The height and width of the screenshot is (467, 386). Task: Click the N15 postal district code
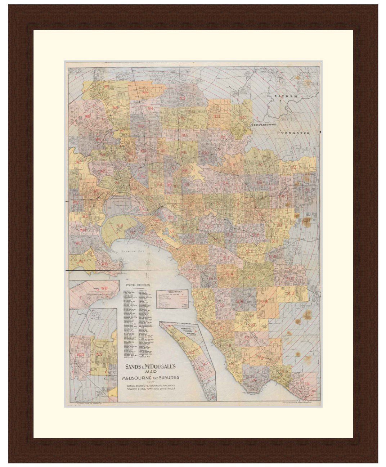pyautogui.click(x=145, y=93)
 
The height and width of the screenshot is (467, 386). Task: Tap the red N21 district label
pyautogui.click(x=217, y=117)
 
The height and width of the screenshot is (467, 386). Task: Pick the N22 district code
pyautogui.click(x=242, y=117)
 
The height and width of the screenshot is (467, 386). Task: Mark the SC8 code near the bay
pyautogui.click(x=120, y=226)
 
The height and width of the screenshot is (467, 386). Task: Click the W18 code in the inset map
pyautogui.click(x=104, y=288)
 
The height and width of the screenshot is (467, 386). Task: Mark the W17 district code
pyautogui.click(x=82, y=262)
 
